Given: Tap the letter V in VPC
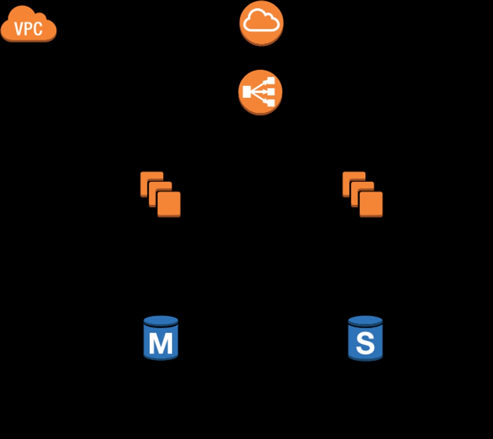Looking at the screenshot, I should click(19, 29).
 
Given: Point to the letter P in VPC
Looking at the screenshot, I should click(29, 29).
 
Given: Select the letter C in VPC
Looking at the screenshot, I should click(38, 29).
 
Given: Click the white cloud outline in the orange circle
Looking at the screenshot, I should click(261, 22).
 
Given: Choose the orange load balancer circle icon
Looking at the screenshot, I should click(260, 92).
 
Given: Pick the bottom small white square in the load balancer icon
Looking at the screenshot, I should click(271, 103).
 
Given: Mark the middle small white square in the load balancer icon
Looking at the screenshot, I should click(271, 92).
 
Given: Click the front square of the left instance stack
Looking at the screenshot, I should click(169, 204).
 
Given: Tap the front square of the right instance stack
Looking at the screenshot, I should click(371, 204).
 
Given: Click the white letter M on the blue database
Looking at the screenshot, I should click(161, 343).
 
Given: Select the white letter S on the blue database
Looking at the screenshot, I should click(365, 343).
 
